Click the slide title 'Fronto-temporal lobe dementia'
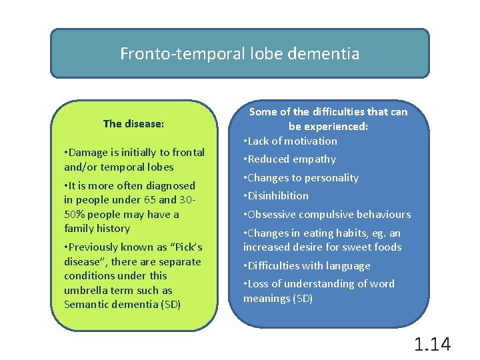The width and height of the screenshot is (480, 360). pos(239,54)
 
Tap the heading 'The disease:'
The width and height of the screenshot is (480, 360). pos(133,123)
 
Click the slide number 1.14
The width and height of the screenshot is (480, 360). pos(432,344)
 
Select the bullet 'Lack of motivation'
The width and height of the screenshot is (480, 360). pos(292,141)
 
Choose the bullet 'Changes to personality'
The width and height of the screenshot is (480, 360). pos(303,178)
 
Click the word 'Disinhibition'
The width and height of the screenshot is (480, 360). pos(278,196)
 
